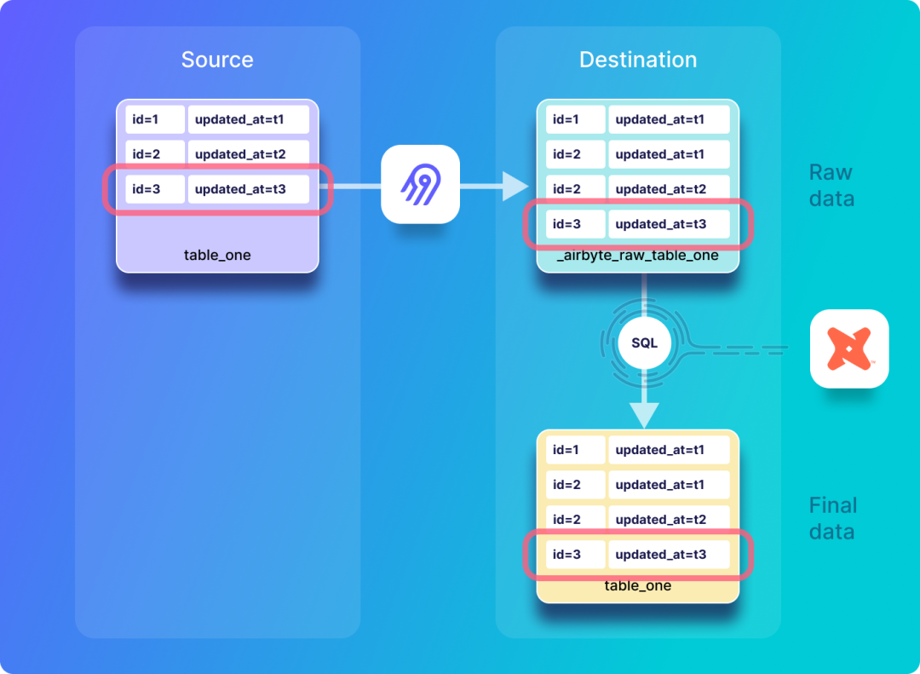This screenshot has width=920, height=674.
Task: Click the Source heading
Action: [217, 60]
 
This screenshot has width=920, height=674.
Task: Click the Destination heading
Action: [638, 60]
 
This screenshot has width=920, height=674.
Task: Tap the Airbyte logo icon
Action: [420, 185]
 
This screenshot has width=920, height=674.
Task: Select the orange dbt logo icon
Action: [849, 349]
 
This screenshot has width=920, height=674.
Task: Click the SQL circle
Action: [644, 343]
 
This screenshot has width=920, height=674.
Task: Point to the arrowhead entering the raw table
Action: [515, 186]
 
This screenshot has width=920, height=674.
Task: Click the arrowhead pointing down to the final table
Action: [644, 415]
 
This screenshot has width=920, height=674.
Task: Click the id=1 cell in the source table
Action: [155, 119]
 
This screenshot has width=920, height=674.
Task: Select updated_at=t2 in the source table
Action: [248, 154]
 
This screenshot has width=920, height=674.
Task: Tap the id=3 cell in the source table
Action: [155, 189]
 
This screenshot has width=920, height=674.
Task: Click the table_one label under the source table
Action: [217, 255]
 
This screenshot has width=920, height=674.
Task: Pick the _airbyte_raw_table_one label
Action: [638, 256]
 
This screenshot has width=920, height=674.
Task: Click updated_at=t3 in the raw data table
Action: [669, 224]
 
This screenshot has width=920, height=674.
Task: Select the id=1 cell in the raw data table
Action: [576, 119]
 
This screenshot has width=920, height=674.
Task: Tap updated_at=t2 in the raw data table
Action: [669, 189]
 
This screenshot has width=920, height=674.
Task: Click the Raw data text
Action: [831, 185]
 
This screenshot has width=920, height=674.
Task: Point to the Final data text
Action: [832, 518]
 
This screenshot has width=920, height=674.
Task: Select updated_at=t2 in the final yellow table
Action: [669, 520]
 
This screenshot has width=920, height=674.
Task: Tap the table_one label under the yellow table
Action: [638, 586]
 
